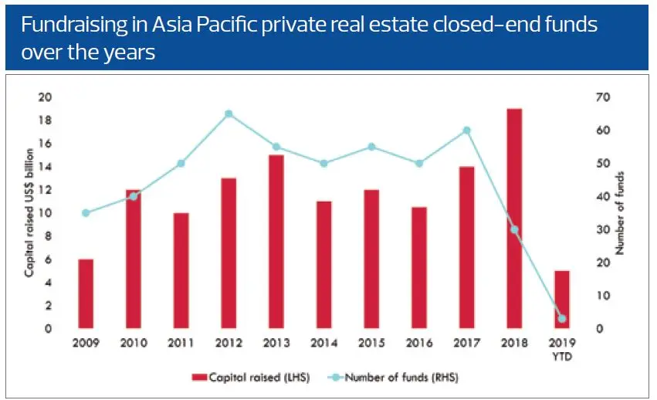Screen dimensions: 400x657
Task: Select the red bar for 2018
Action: pyautogui.click(x=513, y=219)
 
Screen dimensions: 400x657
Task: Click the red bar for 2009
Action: pyautogui.click(x=86, y=293)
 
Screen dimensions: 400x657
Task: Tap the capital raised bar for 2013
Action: pyautogui.click(x=276, y=242)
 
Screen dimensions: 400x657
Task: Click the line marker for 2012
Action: pyautogui.click(x=229, y=114)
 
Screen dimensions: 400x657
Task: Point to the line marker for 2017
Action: pyautogui.click(x=466, y=130)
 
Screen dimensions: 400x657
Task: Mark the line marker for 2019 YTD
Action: pyautogui.click(x=561, y=318)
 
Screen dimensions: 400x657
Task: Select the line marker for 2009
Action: pyautogui.click(x=86, y=213)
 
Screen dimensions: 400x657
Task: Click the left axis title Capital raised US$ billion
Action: pyautogui.click(x=28, y=213)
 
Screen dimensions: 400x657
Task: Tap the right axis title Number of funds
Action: pyautogui.click(x=619, y=213)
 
